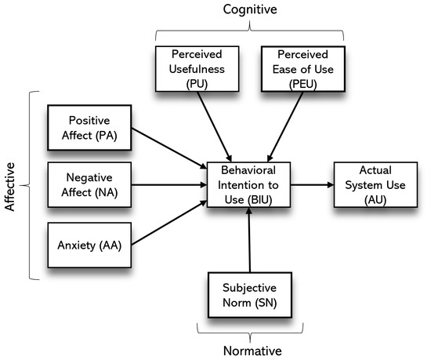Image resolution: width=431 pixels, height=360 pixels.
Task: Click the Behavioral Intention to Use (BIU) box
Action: [x=248, y=186]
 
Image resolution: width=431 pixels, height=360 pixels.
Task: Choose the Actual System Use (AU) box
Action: [x=371, y=186]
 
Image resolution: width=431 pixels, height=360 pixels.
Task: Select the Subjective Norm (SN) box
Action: [x=247, y=293]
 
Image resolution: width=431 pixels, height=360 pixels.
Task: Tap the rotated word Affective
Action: [x=11, y=186]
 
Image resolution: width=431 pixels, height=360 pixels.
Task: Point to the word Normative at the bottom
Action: [x=248, y=351]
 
